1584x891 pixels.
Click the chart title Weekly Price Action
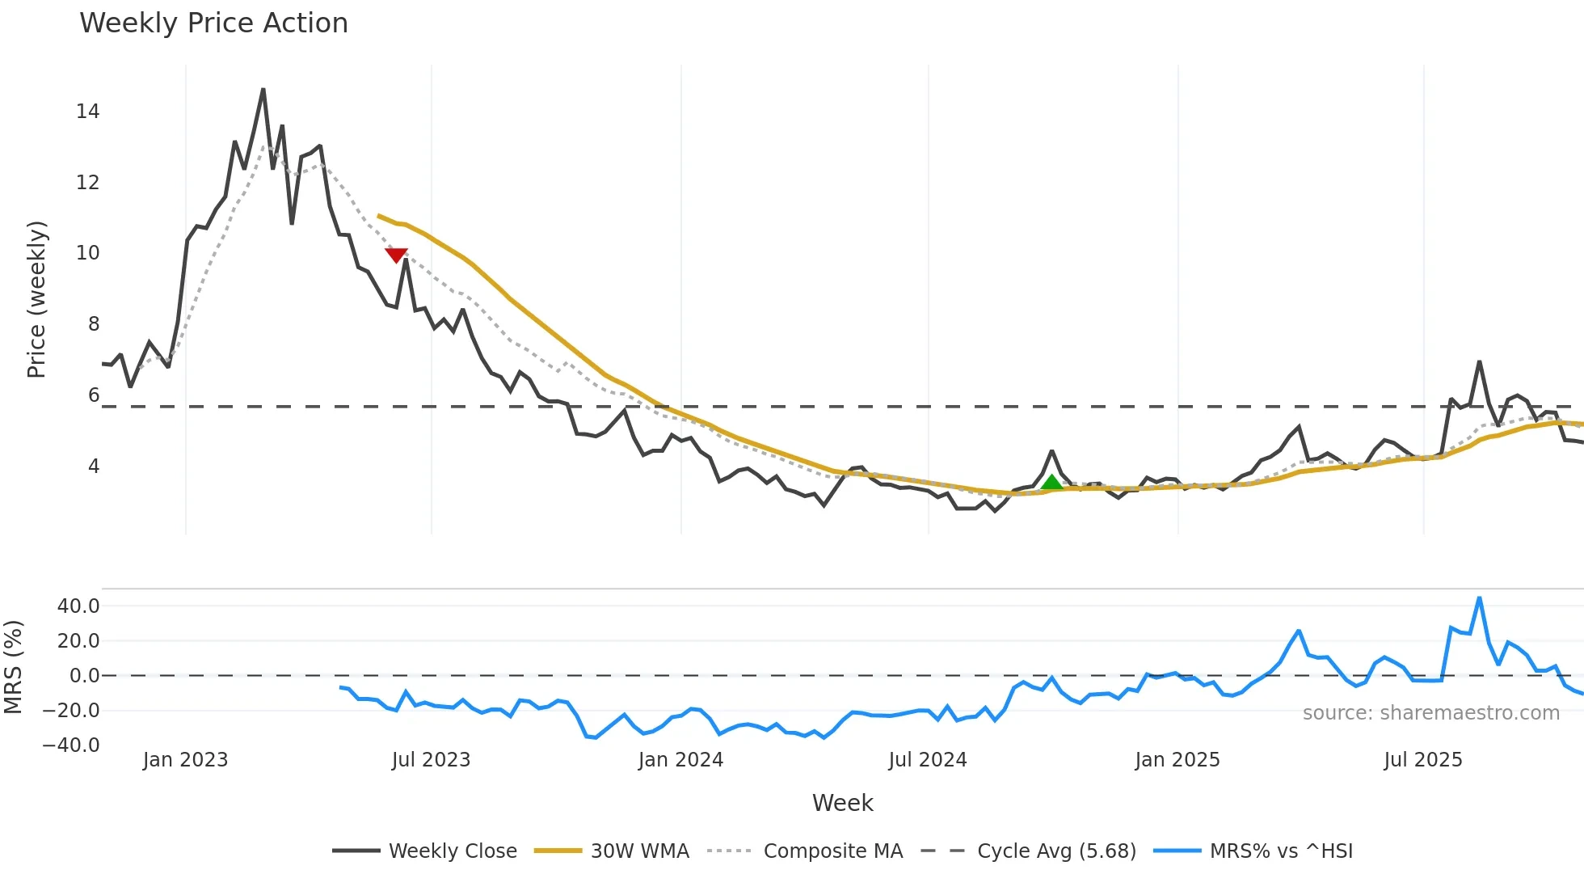pos(213,23)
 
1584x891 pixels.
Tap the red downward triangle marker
pos(396,255)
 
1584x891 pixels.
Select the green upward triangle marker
pos(1051,484)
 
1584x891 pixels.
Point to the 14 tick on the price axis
pos(88,112)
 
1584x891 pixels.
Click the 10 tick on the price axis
pos(88,253)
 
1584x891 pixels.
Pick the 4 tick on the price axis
pos(94,467)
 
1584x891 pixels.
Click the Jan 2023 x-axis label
pos(185,760)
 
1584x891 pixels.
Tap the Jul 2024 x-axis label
pos(927,760)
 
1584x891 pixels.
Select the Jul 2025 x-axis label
pos(1422,760)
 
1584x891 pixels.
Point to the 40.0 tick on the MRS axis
pos(78,606)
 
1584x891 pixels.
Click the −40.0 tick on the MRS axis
pos(71,745)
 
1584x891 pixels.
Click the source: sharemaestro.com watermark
pos(1430,713)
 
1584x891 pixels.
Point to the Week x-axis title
pos(842,803)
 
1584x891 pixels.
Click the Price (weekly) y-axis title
pos(37,299)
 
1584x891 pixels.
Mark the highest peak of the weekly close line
pos(263,90)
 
